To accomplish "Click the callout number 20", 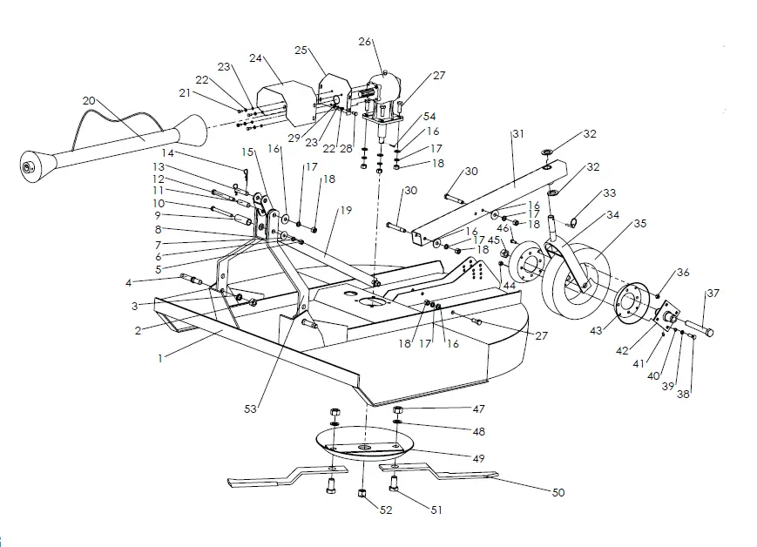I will coord(88,100).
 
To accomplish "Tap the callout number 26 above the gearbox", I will coord(364,41).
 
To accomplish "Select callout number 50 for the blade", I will coord(558,492).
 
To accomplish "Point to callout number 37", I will coord(712,293).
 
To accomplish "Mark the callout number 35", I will coord(640,223).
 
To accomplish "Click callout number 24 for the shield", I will coord(256,58).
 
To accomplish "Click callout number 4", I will coord(128,282).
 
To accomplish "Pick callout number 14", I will coord(167,152).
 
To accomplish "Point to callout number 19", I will coord(346,210).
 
